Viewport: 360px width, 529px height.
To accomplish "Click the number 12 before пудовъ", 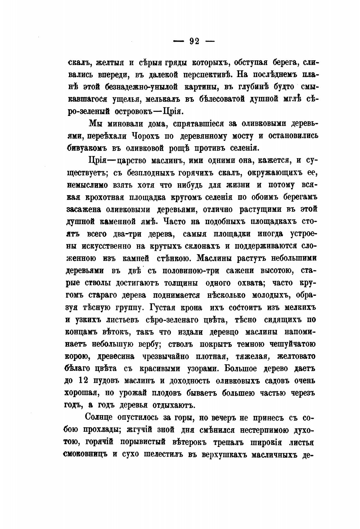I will pyautogui.click(x=84, y=381).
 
